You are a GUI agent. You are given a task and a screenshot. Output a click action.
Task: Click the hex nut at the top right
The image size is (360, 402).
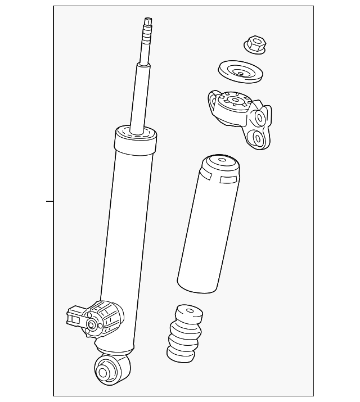[255, 44]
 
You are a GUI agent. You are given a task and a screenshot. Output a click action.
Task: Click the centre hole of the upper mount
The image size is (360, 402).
[233, 102]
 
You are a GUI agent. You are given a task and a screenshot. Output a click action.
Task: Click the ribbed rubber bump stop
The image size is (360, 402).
[184, 333]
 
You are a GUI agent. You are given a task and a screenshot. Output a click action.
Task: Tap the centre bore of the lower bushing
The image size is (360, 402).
[103, 372]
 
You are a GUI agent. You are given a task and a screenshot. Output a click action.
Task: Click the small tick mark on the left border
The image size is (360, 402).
[49, 201]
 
